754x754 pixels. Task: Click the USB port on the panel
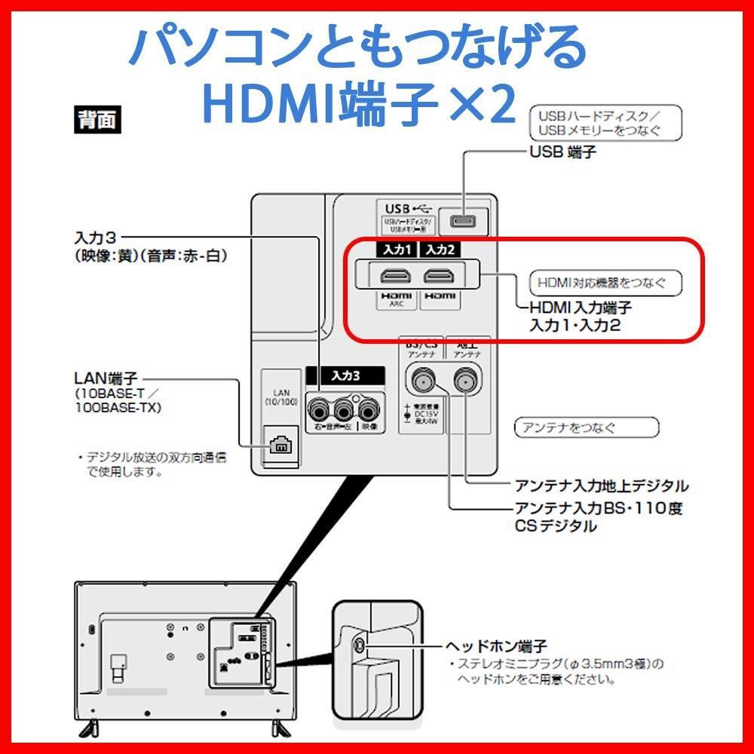[462, 220]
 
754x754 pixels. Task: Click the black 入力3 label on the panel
[345, 375]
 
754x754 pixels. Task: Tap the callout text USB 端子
[562, 152]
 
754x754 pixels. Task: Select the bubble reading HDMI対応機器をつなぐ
[605, 283]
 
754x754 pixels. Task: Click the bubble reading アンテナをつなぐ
[586, 428]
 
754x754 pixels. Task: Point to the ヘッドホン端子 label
[495, 647]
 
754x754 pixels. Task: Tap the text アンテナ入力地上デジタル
[601, 485]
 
